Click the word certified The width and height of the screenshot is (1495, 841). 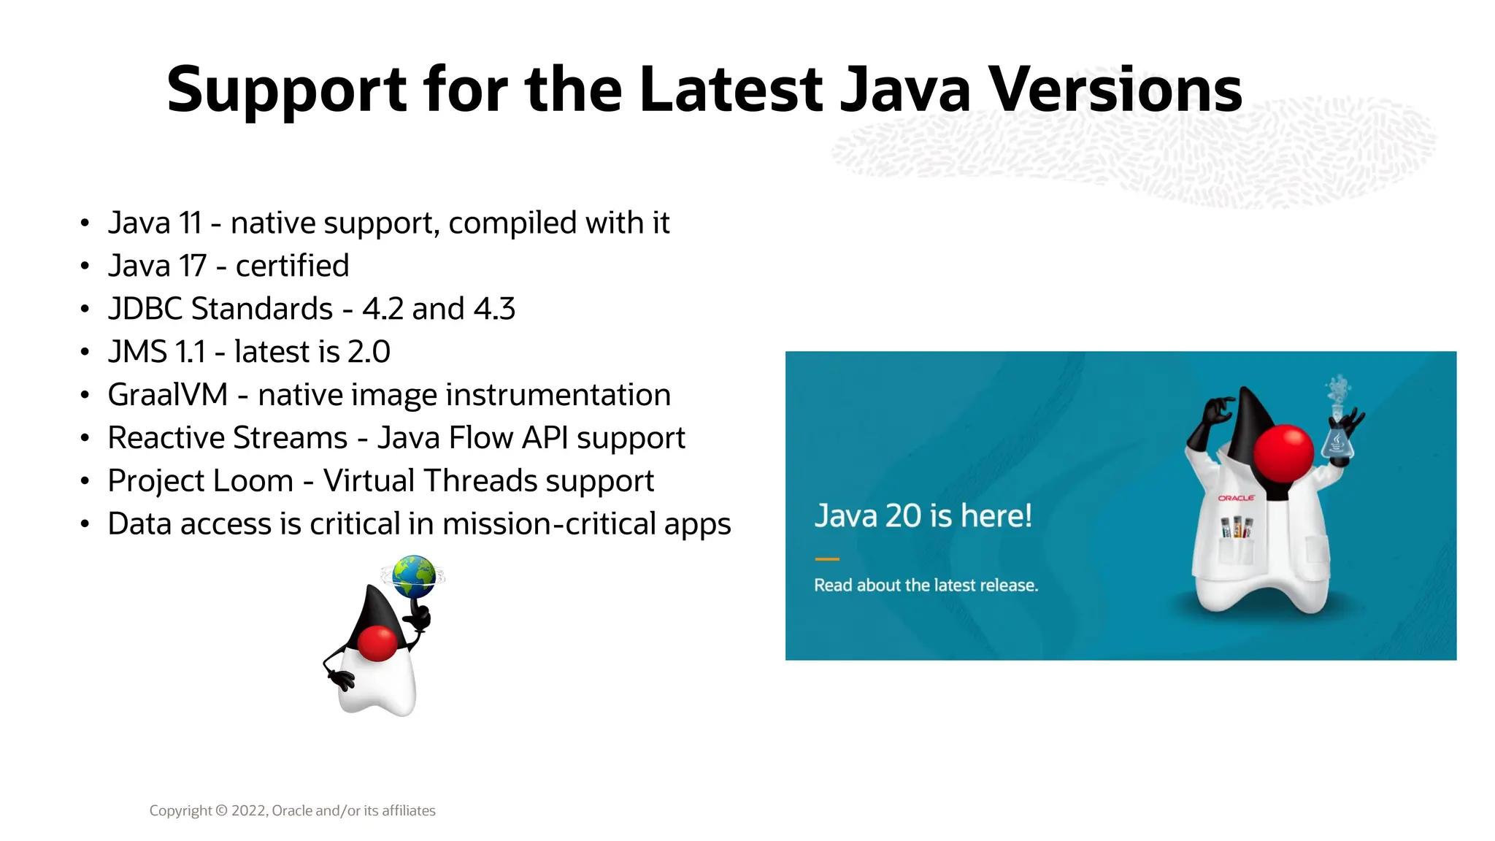point(292,266)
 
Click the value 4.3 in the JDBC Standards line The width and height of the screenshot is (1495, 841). point(494,310)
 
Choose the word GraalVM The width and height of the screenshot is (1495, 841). point(168,395)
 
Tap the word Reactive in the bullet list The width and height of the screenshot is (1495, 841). point(168,438)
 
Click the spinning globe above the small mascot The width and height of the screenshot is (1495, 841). point(413,577)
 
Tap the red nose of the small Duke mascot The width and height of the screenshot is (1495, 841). point(377,642)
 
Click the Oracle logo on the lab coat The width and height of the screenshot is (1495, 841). point(1236,498)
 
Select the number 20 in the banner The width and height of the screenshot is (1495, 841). point(903,516)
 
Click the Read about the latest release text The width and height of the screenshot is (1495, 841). point(926,585)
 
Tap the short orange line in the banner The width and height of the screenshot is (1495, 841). point(827,559)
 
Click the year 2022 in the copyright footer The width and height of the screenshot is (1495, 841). point(249,811)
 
